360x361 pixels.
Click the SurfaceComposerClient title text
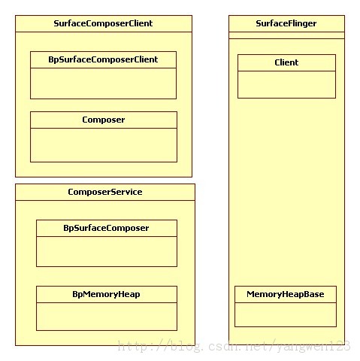click(x=103, y=23)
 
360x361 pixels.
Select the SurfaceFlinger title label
click(x=286, y=23)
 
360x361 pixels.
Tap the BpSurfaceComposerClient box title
click(x=103, y=59)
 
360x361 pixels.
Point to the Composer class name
click(x=104, y=120)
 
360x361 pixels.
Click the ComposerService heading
click(x=105, y=192)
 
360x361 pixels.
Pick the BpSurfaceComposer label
click(x=106, y=228)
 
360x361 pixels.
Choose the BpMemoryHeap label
click(x=106, y=294)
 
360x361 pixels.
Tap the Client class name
click(x=286, y=62)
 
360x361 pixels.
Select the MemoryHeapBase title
click(x=286, y=294)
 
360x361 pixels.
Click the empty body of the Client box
click(x=286, y=84)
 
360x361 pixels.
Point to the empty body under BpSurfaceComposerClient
click(x=103, y=83)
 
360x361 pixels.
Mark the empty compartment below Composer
click(x=104, y=145)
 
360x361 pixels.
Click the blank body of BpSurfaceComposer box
click(x=107, y=251)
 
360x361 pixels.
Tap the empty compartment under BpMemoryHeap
click(x=107, y=317)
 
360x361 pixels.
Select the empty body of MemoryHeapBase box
click(x=286, y=314)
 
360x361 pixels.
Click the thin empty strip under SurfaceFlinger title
click(x=286, y=35)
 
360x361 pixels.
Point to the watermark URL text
click(x=234, y=346)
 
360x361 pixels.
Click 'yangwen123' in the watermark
click(x=313, y=347)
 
